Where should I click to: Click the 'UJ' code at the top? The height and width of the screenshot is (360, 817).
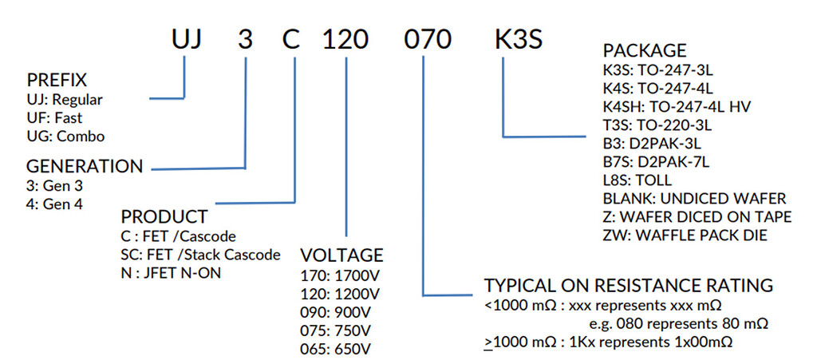click(x=190, y=39)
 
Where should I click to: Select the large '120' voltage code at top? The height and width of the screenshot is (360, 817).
click(x=348, y=39)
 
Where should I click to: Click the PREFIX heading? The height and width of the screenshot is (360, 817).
click(x=57, y=81)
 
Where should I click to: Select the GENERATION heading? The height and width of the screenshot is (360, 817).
click(x=85, y=167)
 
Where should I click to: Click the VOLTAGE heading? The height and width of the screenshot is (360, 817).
click(x=341, y=255)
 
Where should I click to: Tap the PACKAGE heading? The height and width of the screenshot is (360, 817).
click(x=644, y=52)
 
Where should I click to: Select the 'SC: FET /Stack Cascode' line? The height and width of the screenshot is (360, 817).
click(x=199, y=255)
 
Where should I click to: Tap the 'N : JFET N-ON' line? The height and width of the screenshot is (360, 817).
click(x=170, y=273)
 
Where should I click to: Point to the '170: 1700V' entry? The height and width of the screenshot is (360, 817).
click(x=336, y=276)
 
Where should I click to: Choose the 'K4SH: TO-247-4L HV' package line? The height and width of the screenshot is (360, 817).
click(x=677, y=106)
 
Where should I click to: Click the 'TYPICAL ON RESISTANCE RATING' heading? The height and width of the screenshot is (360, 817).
click(x=629, y=285)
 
